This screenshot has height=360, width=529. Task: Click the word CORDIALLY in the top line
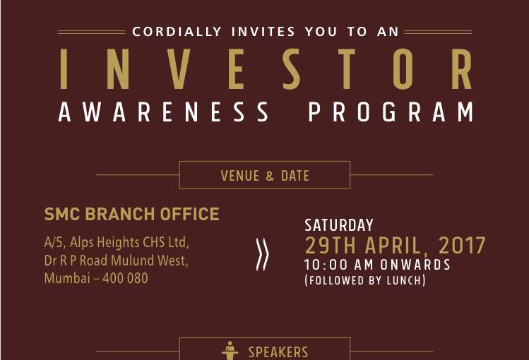pos(177,32)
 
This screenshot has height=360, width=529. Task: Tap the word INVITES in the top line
pos(263,32)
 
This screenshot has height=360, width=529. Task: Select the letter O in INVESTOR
pos(403,69)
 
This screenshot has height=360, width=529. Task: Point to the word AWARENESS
pos(164,112)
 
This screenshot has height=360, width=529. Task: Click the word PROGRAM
pos(391,112)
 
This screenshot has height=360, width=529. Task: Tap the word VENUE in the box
pos(240,176)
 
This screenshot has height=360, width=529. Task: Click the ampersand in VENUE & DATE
pos(270,176)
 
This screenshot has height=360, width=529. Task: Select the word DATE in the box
pos(295,176)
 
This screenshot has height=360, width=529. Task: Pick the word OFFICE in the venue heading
pos(189,214)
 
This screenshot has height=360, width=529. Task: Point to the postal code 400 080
pos(125,278)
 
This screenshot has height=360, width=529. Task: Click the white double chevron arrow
pos(263,255)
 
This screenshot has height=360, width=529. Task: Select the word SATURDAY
pos(339,225)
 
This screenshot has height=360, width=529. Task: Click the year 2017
pos(462,246)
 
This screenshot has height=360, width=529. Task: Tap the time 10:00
pos(326,265)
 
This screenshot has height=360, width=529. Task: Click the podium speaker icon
pos(230,351)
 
